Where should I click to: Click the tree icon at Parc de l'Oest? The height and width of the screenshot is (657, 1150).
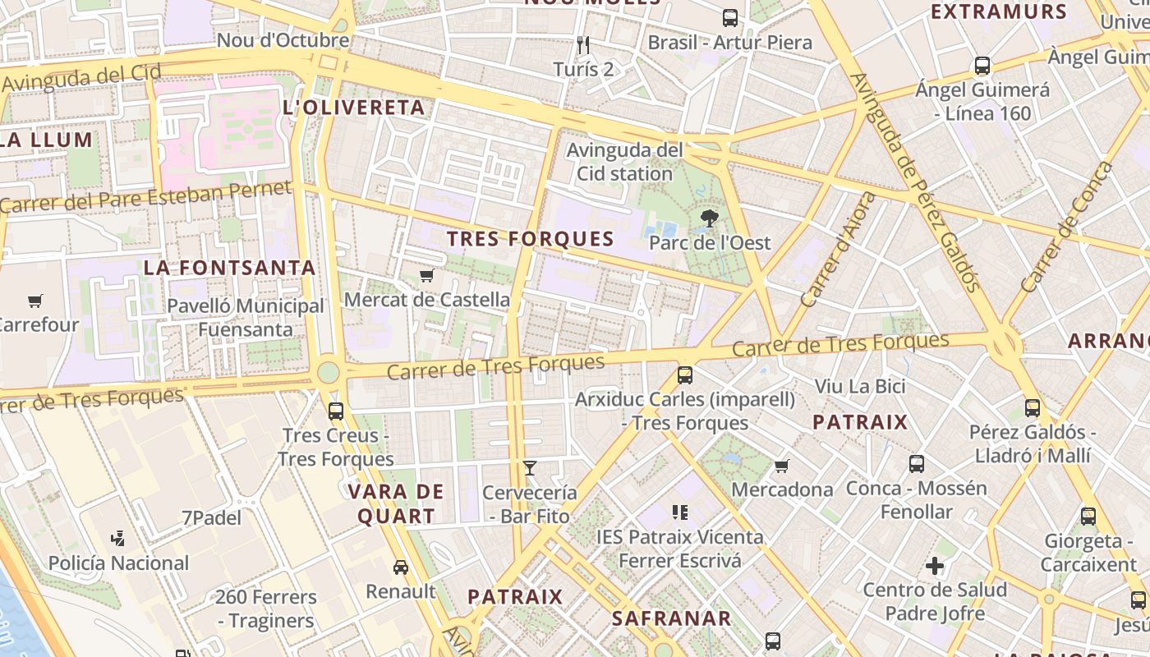(x=709, y=218)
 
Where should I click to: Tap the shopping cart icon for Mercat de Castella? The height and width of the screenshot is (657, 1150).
(x=425, y=276)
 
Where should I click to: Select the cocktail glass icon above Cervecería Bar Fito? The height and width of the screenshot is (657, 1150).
(x=530, y=468)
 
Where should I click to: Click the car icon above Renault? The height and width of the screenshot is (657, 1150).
(x=401, y=567)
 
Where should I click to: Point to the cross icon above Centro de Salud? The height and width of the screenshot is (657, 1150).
(x=934, y=566)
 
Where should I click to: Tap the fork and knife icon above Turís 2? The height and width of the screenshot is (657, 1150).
(x=583, y=45)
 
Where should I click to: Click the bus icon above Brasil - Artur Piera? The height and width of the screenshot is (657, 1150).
(x=729, y=18)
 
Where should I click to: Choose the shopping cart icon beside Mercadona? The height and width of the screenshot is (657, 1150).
(x=781, y=466)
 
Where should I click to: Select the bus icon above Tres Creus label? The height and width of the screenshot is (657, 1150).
(x=335, y=411)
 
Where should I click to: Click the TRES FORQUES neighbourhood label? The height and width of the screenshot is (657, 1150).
(x=531, y=239)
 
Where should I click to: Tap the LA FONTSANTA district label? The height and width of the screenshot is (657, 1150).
(x=230, y=268)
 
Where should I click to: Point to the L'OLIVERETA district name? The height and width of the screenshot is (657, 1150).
(x=354, y=108)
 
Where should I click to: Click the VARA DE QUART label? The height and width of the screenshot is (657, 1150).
(x=396, y=504)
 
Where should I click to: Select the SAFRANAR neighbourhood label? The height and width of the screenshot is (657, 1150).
(x=671, y=618)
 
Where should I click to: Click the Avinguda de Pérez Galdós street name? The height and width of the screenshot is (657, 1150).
(x=916, y=182)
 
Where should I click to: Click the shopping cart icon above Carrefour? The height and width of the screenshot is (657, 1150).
(x=34, y=301)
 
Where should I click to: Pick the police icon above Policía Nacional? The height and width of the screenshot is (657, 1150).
(x=117, y=539)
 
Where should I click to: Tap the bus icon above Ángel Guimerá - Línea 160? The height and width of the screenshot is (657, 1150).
(x=982, y=66)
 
